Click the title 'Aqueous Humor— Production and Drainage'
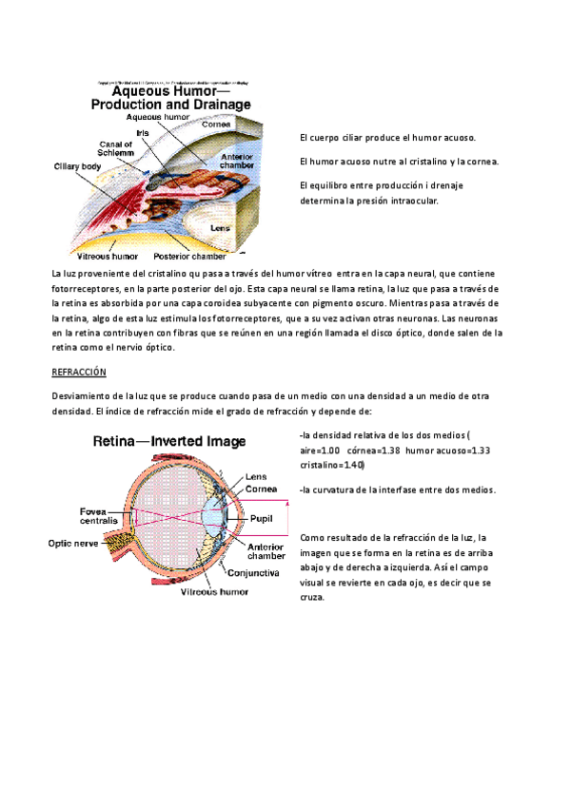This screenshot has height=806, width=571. click(x=170, y=97)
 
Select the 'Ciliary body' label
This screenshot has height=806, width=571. click(x=77, y=165)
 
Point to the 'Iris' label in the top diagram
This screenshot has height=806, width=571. click(x=143, y=133)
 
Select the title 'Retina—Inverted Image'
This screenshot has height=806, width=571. click(x=168, y=441)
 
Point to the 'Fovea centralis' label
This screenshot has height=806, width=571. click(x=99, y=516)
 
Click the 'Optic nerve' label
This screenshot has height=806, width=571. click(x=73, y=544)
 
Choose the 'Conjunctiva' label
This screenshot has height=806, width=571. click(x=252, y=574)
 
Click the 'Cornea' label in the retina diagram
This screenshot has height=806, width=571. click(x=262, y=489)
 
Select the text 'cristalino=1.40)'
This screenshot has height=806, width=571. click(x=331, y=466)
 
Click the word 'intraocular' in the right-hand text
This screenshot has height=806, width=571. click(x=413, y=201)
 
